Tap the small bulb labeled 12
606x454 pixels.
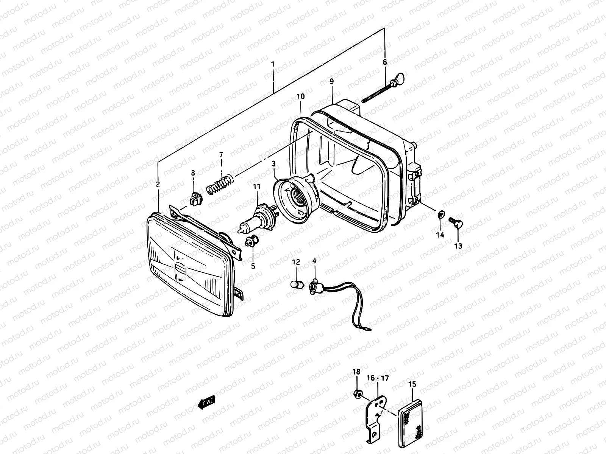[x=296, y=285]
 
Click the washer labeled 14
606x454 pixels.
[x=440, y=215]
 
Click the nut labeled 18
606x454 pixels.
[x=356, y=395]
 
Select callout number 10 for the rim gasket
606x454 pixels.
[x=300, y=96]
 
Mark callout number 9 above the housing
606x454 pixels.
[x=331, y=81]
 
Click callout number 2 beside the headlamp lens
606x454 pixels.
[x=158, y=184]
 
